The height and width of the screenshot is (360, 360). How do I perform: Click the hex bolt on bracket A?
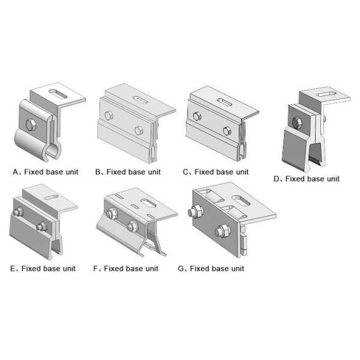[31, 125]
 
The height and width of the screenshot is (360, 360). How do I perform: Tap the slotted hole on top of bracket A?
[58, 94]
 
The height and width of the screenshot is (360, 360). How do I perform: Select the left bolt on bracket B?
[109, 115]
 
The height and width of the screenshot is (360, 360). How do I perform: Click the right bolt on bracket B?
[139, 131]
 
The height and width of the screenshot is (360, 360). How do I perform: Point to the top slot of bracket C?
[225, 102]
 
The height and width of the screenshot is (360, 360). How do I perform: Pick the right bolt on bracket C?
[227, 131]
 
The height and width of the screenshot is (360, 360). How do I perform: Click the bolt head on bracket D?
[298, 122]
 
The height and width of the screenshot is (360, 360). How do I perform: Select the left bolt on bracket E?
[18, 212]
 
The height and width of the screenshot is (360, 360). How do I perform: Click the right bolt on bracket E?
[42, 226]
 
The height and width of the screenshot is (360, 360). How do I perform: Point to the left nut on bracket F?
[111, 213]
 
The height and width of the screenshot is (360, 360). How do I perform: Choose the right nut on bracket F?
[132, 226]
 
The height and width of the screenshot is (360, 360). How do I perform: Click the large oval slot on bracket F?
[149, 203]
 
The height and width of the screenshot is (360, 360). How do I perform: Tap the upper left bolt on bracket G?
[195, 212]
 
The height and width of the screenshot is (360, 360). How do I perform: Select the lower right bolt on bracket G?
[222, 231]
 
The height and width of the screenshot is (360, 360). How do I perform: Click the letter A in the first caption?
[16, 172]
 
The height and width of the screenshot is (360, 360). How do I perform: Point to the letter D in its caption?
[277, 179]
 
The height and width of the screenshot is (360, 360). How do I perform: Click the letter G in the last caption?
[181, 269]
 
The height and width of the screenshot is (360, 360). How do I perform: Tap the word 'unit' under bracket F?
[151, 269]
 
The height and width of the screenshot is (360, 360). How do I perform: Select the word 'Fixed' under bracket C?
[203, 172]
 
